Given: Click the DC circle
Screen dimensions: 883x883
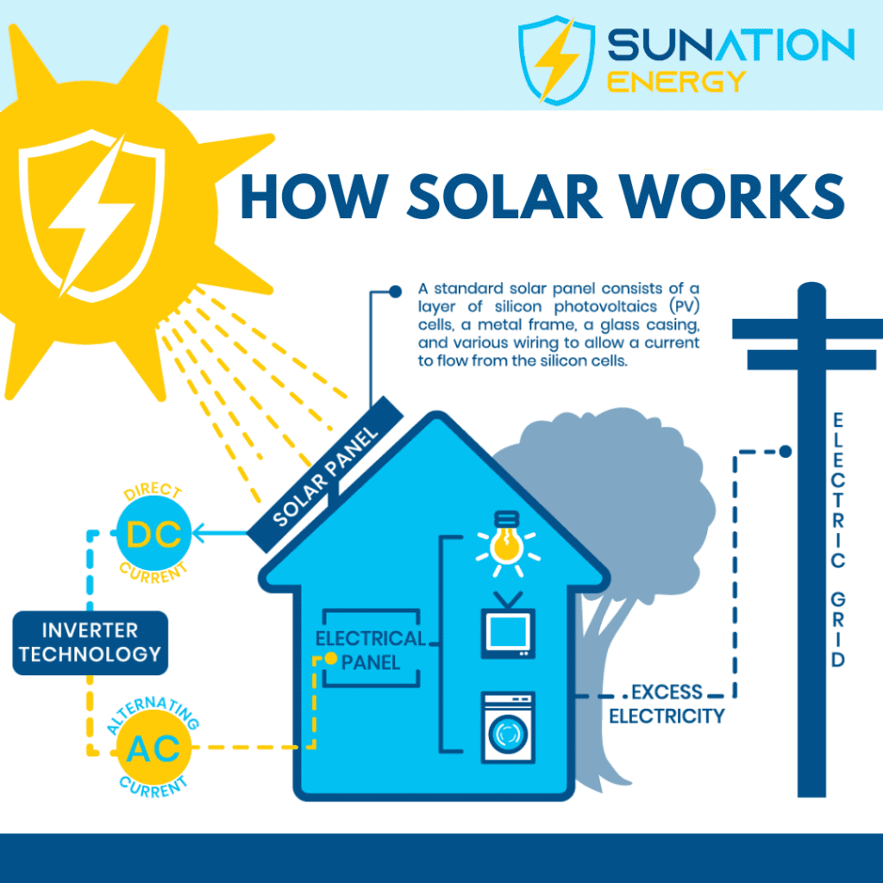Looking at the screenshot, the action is pos(153,533).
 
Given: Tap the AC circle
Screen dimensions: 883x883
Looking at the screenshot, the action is pos(153,748).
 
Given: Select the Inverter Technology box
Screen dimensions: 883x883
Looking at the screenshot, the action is pos(90,642).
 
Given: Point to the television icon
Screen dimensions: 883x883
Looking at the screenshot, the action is pos(508,626).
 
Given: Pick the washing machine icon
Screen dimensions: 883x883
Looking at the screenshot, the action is pos(508,728).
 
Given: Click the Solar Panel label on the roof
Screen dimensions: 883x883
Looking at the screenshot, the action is pos(325,475).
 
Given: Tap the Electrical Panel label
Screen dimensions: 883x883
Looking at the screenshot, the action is pos(371,650).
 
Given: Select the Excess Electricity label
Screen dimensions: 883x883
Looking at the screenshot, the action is pos(667,704).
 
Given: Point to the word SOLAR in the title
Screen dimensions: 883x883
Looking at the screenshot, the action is pos(504,197).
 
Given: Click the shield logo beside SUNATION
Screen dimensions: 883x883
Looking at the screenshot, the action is pos(556,60).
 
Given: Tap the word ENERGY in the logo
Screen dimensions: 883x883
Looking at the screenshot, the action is pos(676,82).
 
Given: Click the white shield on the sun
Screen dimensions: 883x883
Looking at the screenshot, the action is pos(92,215).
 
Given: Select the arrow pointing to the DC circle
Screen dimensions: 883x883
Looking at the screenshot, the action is pos(220,533).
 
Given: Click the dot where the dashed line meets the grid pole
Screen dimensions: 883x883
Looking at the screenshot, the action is pos(786,451).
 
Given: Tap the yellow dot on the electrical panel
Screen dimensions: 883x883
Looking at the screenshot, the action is pos(331,658).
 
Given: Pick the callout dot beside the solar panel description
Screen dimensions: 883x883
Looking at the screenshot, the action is pos(395,291).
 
